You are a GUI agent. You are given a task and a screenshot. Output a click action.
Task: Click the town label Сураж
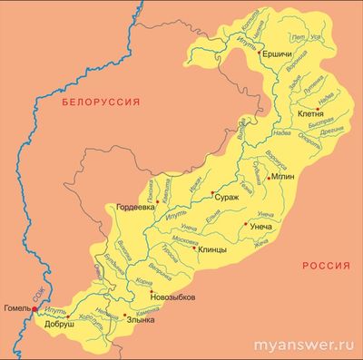(228, 197)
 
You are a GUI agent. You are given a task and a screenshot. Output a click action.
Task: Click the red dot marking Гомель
(35, 309)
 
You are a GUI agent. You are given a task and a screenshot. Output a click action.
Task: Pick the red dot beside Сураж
(212, 192)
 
